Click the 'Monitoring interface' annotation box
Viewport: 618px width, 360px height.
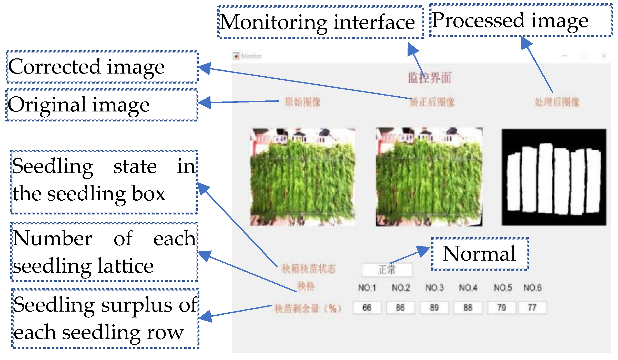tap(320, 22)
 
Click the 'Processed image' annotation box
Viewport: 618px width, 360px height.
tap(520, 20)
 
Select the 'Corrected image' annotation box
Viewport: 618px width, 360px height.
tap(102, 67)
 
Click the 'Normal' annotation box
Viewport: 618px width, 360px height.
tap(480, 254)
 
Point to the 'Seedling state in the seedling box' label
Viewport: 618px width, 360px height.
tap(104, 182)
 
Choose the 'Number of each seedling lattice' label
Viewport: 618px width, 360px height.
tap(104, 252)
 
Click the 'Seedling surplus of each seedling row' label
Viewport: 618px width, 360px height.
tap(105, 318)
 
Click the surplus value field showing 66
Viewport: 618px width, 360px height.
tap(367, 308)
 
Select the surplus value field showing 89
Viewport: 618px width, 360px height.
tap(434, 308)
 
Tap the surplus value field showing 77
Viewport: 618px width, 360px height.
tap(532, 308)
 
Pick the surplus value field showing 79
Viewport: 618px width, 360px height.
tap(502, 308)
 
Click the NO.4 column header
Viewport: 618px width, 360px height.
tap(468, 288)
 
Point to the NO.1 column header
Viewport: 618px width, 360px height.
tap(367, 288)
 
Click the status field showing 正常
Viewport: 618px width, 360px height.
tap(387, 270)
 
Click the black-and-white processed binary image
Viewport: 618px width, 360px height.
tap(554, 177)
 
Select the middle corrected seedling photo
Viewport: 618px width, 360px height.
tap(429, 177)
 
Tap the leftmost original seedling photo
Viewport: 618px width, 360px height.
tap(303, 177)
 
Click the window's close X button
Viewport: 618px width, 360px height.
tap(604, 56)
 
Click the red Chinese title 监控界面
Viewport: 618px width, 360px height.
tap(429, 78)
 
